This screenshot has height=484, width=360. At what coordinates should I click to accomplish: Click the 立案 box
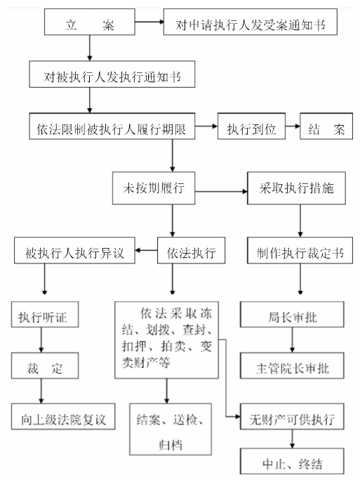coord(89,22)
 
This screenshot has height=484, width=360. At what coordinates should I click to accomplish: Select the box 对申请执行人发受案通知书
coord(251,22)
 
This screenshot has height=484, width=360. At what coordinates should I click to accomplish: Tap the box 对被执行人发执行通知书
coord(112,74)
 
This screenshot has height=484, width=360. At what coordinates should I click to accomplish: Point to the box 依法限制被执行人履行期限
coord(112,126)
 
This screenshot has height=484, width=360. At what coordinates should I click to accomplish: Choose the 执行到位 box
coord(251,126)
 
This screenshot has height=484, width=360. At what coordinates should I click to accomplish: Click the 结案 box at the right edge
coord(326,126)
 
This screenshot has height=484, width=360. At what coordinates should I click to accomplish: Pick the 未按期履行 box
coord(154,188)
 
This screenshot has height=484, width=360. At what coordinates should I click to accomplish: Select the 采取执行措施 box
coord(296,188)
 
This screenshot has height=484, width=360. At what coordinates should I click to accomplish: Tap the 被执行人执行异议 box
coord(74,250)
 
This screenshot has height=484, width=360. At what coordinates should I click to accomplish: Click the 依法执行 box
coord(192,250)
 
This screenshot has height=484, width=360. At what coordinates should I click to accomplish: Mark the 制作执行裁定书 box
coord(300,250)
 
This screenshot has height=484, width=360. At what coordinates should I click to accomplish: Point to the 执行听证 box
coord(45,315)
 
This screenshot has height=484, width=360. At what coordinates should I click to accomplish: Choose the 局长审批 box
coord(292,315)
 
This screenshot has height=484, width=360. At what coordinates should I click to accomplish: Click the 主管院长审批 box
coord(292,366)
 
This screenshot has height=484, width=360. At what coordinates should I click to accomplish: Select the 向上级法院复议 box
coord(63,417)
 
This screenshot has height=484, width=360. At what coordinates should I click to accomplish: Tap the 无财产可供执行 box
coord(292,417)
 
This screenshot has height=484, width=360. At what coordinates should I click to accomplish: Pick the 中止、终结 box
coord(292,461)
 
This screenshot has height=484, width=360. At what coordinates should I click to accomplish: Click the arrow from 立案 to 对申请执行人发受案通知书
coord(149,22)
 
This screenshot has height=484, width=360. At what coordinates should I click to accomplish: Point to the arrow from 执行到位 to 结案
coord(293,126)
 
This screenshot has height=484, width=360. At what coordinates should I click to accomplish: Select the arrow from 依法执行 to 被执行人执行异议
coord(146,250)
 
